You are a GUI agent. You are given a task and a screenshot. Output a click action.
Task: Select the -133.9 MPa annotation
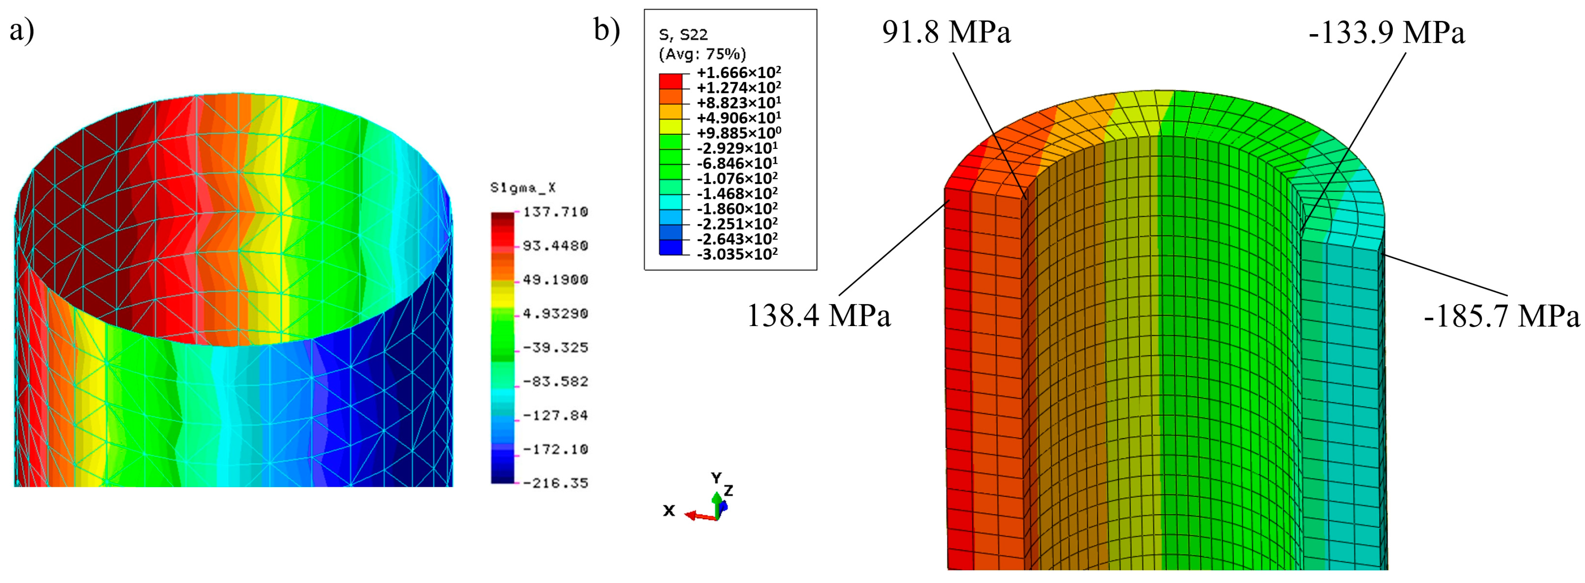click(1386, 32)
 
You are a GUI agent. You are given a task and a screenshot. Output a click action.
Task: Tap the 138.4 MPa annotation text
click(819, 316)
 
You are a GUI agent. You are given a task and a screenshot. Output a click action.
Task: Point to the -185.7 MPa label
click(1501, 317)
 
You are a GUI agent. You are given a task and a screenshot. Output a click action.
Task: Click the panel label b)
click(607, 29)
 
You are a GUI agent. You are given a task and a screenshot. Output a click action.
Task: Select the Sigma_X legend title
click(522, 188)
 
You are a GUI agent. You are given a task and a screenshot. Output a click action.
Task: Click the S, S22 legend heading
click(684, 35)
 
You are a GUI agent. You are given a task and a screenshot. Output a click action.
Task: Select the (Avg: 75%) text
click(702, 54)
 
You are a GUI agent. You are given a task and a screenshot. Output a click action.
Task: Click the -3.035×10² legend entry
click(737, 254)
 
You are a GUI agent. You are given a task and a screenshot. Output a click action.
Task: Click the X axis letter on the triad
click(669, 510)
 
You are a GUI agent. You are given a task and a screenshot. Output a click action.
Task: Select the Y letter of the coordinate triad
click(716, 478)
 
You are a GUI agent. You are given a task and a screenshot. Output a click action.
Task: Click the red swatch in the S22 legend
click(671, 81)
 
